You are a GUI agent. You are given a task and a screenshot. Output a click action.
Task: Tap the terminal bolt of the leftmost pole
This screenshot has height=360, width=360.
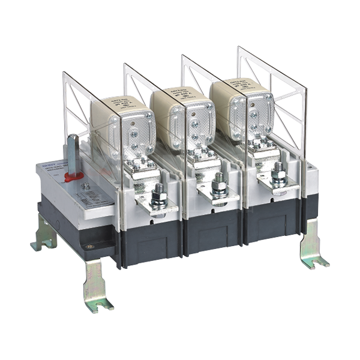(x=160, y=196)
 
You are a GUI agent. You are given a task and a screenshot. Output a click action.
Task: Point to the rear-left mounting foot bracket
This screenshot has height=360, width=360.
(x=44, y=235)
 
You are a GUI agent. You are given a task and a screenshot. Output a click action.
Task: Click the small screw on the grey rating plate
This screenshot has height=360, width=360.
(x=86, y=186)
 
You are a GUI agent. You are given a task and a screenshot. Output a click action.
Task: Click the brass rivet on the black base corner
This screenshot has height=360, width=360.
(x=90, y=246)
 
